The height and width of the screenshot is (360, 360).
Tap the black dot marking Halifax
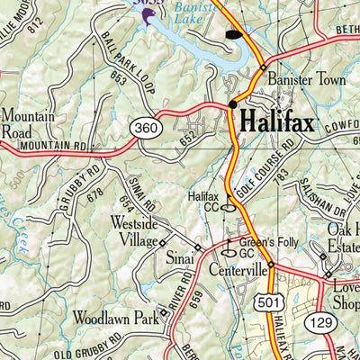(233, 104)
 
